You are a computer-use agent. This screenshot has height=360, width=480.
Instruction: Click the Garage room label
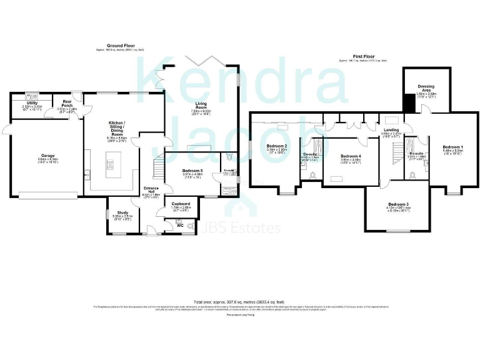coord(47,156)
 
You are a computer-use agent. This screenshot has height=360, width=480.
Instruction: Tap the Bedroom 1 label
coord(452,146)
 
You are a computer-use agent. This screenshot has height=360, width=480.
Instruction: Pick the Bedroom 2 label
coord(276,145)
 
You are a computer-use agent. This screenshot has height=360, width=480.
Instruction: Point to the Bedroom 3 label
coord(398,204)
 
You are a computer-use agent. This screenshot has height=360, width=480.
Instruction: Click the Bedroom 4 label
coord(351,156)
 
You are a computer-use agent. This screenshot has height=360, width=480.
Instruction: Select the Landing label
coord(392,129)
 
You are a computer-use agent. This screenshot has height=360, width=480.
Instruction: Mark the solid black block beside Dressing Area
coord(409,103)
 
